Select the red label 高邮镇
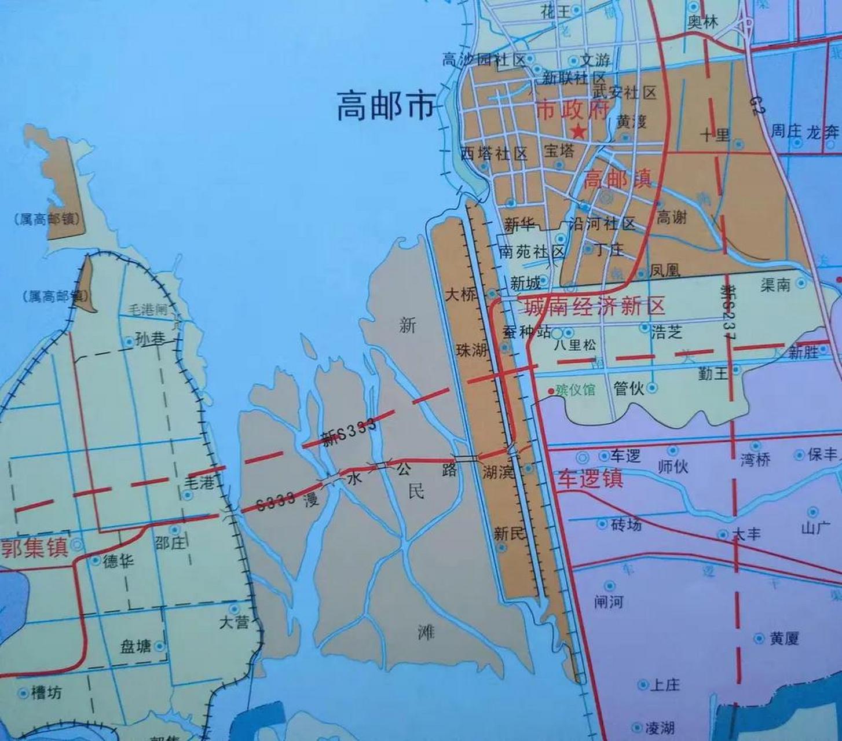click(x=617, y=179)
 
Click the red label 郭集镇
click(x=35, y=547)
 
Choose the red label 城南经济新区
click(x=594, y=306)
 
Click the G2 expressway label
click(x=756, y=105)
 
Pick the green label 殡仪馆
click(x=574, y=389)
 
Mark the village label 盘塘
click(x=135, y=646)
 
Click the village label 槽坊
click(x=46, y=692)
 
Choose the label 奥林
click(x=702, y=22)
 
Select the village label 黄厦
click(x=785, y=639)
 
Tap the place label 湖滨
click(x=499, y=472)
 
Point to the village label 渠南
click(x=775, y=284)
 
